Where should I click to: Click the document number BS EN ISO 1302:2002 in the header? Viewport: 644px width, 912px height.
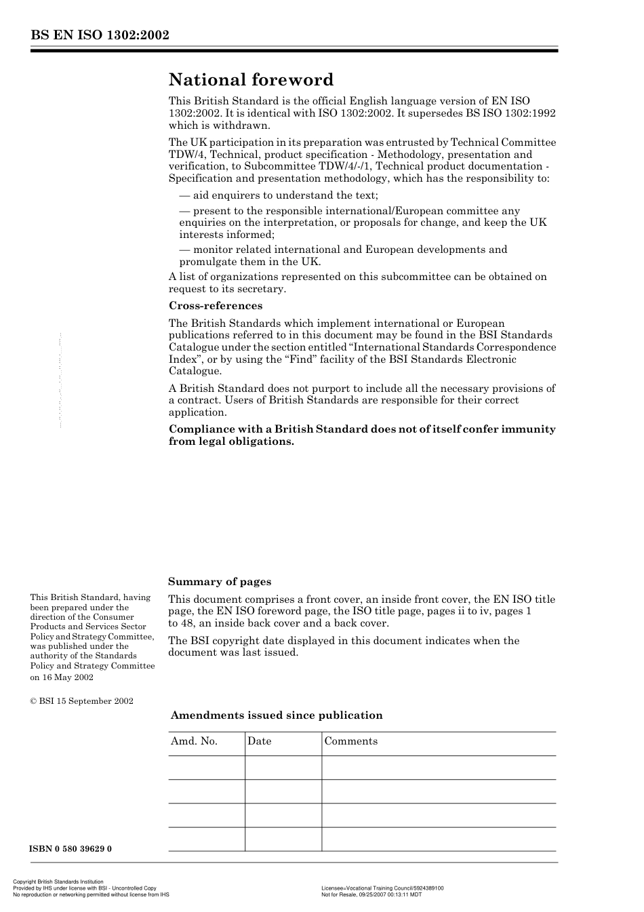(99, 35)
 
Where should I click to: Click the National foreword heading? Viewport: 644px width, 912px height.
(251, 80)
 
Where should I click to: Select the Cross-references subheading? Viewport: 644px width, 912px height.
(215, 306)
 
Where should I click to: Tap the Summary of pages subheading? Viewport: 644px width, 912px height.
(219, 582)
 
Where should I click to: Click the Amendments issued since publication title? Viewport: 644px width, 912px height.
(276, 715)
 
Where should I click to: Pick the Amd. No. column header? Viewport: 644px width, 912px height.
(194, 741)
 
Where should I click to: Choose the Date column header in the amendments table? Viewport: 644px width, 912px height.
(259, 741)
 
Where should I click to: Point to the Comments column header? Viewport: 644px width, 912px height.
(350, 741)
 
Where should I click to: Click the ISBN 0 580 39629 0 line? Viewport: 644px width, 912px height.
(71, 849)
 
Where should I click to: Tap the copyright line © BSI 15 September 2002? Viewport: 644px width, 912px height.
(81, 701)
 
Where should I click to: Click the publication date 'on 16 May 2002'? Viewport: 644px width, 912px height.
(62, 677)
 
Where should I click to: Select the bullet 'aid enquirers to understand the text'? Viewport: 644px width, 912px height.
(279, 195)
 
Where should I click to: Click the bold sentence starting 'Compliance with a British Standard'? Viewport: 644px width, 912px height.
(361, 435)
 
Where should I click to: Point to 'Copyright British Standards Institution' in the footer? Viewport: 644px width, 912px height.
(58, 882)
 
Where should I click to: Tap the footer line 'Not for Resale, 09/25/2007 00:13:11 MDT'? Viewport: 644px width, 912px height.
(371, 894)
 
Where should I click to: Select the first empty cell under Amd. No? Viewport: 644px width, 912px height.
(206, 768)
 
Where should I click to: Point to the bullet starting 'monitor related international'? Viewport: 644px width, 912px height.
(343, 256)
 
